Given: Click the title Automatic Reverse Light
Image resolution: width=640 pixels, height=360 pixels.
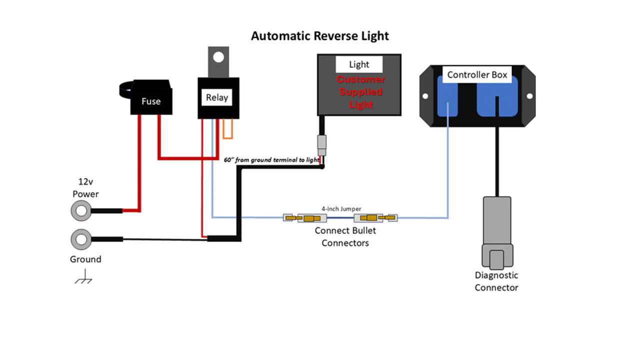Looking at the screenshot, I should coord(319,36).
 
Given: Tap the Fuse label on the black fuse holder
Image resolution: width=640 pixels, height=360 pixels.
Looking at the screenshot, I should coord(150,101).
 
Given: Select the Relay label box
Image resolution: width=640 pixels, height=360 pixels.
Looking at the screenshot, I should coord(217,97).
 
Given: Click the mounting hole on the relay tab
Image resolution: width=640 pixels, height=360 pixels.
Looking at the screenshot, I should coord(218,57).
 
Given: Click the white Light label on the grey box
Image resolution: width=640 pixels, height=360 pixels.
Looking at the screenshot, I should coord(359,64).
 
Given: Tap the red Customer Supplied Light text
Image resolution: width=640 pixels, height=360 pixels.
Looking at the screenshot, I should coord(361,92).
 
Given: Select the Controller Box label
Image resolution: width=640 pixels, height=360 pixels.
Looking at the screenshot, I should coord(476,75).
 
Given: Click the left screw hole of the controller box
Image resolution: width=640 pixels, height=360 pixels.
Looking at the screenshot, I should coord(425,96).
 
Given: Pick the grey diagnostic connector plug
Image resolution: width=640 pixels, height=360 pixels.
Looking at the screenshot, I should coord(496,232).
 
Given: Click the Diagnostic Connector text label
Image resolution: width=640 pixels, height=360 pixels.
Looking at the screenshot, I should coord(496,281).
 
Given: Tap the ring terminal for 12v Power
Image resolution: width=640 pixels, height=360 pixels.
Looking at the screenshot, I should coord(81,211).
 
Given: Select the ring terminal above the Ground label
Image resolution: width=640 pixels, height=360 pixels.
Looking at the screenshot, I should coord(81,239).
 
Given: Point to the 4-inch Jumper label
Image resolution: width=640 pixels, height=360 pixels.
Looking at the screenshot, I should coord(341,208).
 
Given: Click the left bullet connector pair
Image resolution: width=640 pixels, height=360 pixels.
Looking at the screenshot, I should coord(305,218).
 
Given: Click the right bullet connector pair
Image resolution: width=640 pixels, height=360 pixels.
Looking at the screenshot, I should coord(375,218).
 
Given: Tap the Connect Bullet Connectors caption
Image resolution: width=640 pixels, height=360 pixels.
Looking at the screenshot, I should coord(345,237).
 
